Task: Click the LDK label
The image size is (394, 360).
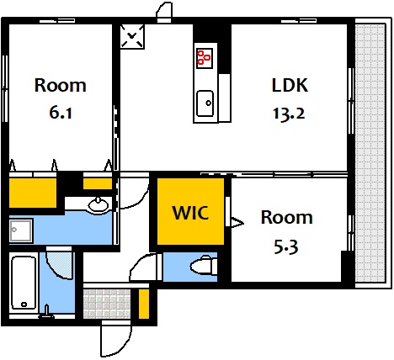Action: click(290, 85)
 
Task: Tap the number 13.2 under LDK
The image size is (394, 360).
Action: click(289, 114)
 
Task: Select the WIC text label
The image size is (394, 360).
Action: click(190, 213)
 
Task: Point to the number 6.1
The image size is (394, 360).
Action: click(61, 113)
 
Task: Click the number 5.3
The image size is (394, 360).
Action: click(285, 247)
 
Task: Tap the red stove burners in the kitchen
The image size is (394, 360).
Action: click(204, 58)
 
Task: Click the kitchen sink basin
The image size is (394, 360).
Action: click(205, 103)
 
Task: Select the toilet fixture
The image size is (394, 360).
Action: click(204, 266)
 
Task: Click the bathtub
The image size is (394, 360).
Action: click(24, 283)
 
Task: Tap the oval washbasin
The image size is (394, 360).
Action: click(98, 206)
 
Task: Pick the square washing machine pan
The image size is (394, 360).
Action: click(21, 230)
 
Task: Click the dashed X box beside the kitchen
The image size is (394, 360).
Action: click(132, 36)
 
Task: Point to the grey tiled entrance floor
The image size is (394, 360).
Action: click(107, 304)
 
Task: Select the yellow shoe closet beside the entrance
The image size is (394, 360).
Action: click(144, 304)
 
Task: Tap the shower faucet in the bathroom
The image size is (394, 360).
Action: click(47, 312)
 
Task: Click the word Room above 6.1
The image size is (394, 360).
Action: click(61, 85)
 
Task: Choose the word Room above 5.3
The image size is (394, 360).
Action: click(287, 217)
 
